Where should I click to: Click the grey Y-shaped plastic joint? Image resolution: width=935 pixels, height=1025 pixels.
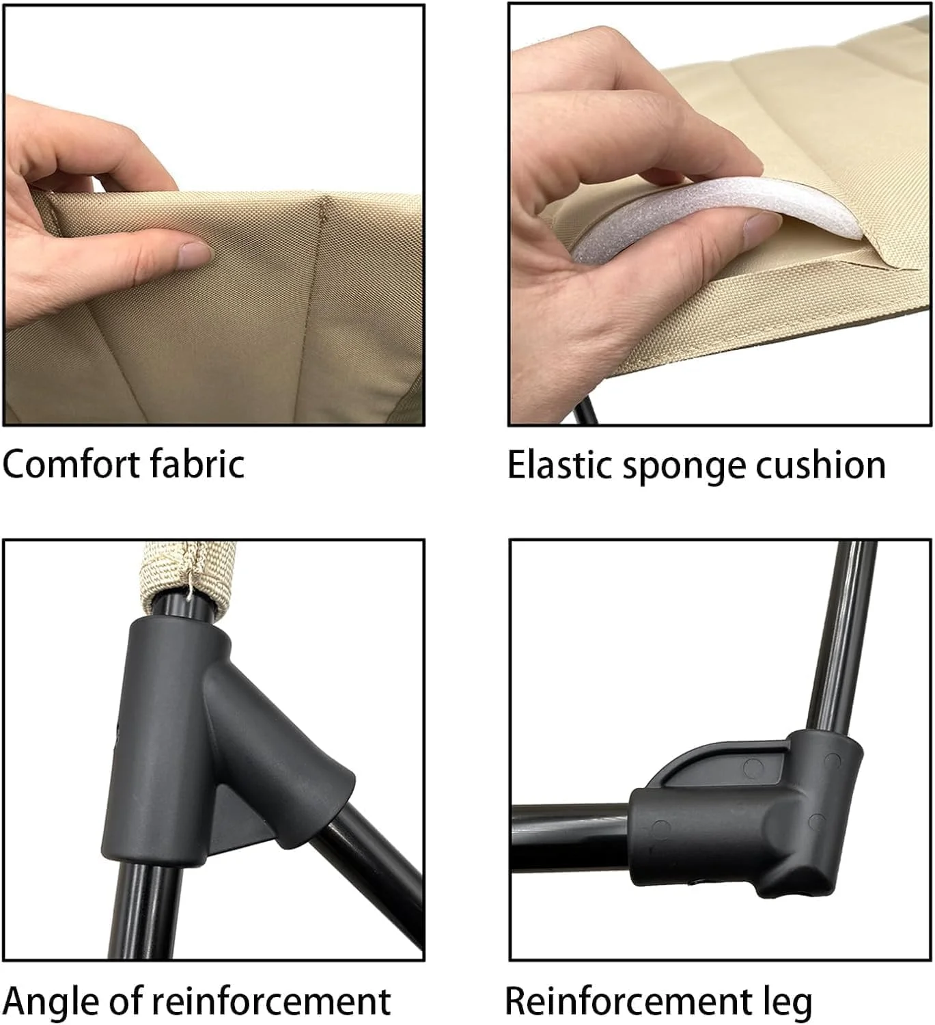pyautogui.click(x=214, y=736)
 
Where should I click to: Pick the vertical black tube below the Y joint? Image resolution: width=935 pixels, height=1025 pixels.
pyautogui.click(x=145, y=907)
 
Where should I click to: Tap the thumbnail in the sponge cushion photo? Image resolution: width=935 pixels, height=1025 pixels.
pyautogui.click(x=762, y=223)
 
